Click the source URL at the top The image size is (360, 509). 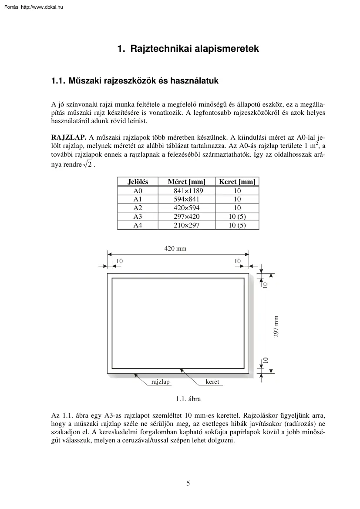(33, 7)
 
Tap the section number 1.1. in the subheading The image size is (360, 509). (58, 81)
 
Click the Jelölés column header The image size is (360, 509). (138, 182)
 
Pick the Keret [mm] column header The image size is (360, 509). (237, 182)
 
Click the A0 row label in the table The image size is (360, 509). (138, 191)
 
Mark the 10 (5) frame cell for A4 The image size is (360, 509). (237, 225)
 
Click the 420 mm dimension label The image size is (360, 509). (175, 249)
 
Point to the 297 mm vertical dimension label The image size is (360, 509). (276, 326)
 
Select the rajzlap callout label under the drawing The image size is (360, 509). (160, 382)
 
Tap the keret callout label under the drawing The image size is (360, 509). (212, 382)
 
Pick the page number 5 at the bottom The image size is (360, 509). (188, 483)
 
